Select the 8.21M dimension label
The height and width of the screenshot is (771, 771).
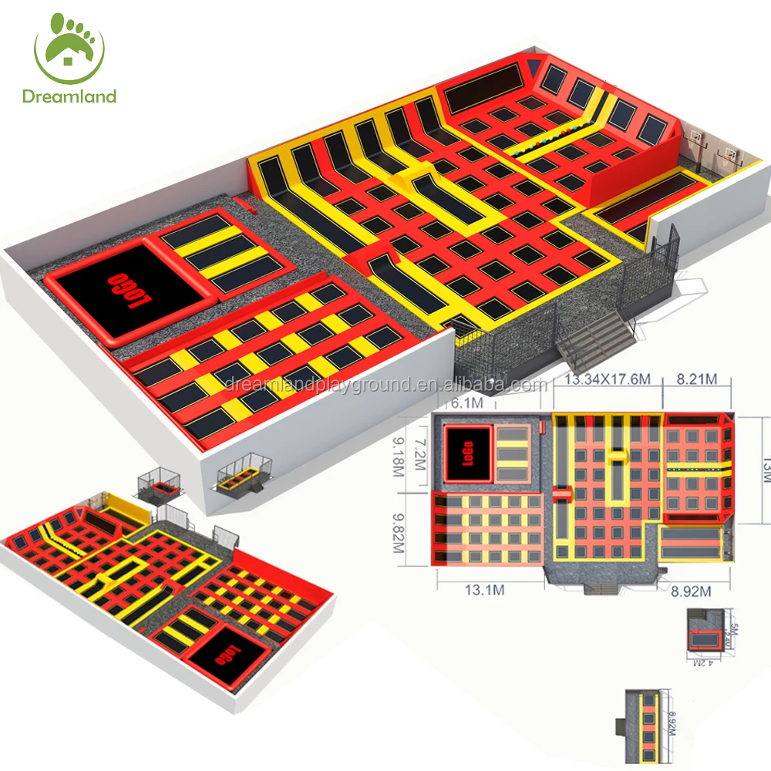pos(698,379)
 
